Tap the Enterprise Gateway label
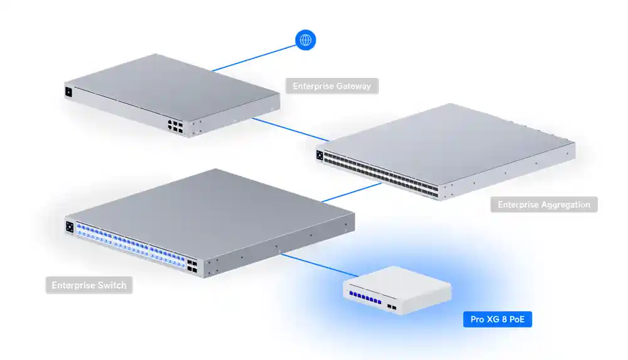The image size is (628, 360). pos(332,86)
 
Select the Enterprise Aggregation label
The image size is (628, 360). pos(544,204)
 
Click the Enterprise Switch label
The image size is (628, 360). pos(89,285)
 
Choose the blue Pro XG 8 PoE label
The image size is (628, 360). pos(497,320)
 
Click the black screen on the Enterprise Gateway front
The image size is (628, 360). pos(68,92)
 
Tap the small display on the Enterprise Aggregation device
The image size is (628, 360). pos(320,155)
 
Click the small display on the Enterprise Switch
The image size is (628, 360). pos(70,226)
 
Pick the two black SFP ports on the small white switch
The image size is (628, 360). pos(391,307)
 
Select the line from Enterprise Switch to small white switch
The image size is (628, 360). pos(317,266)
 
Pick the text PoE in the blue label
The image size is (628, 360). pos(516,320)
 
